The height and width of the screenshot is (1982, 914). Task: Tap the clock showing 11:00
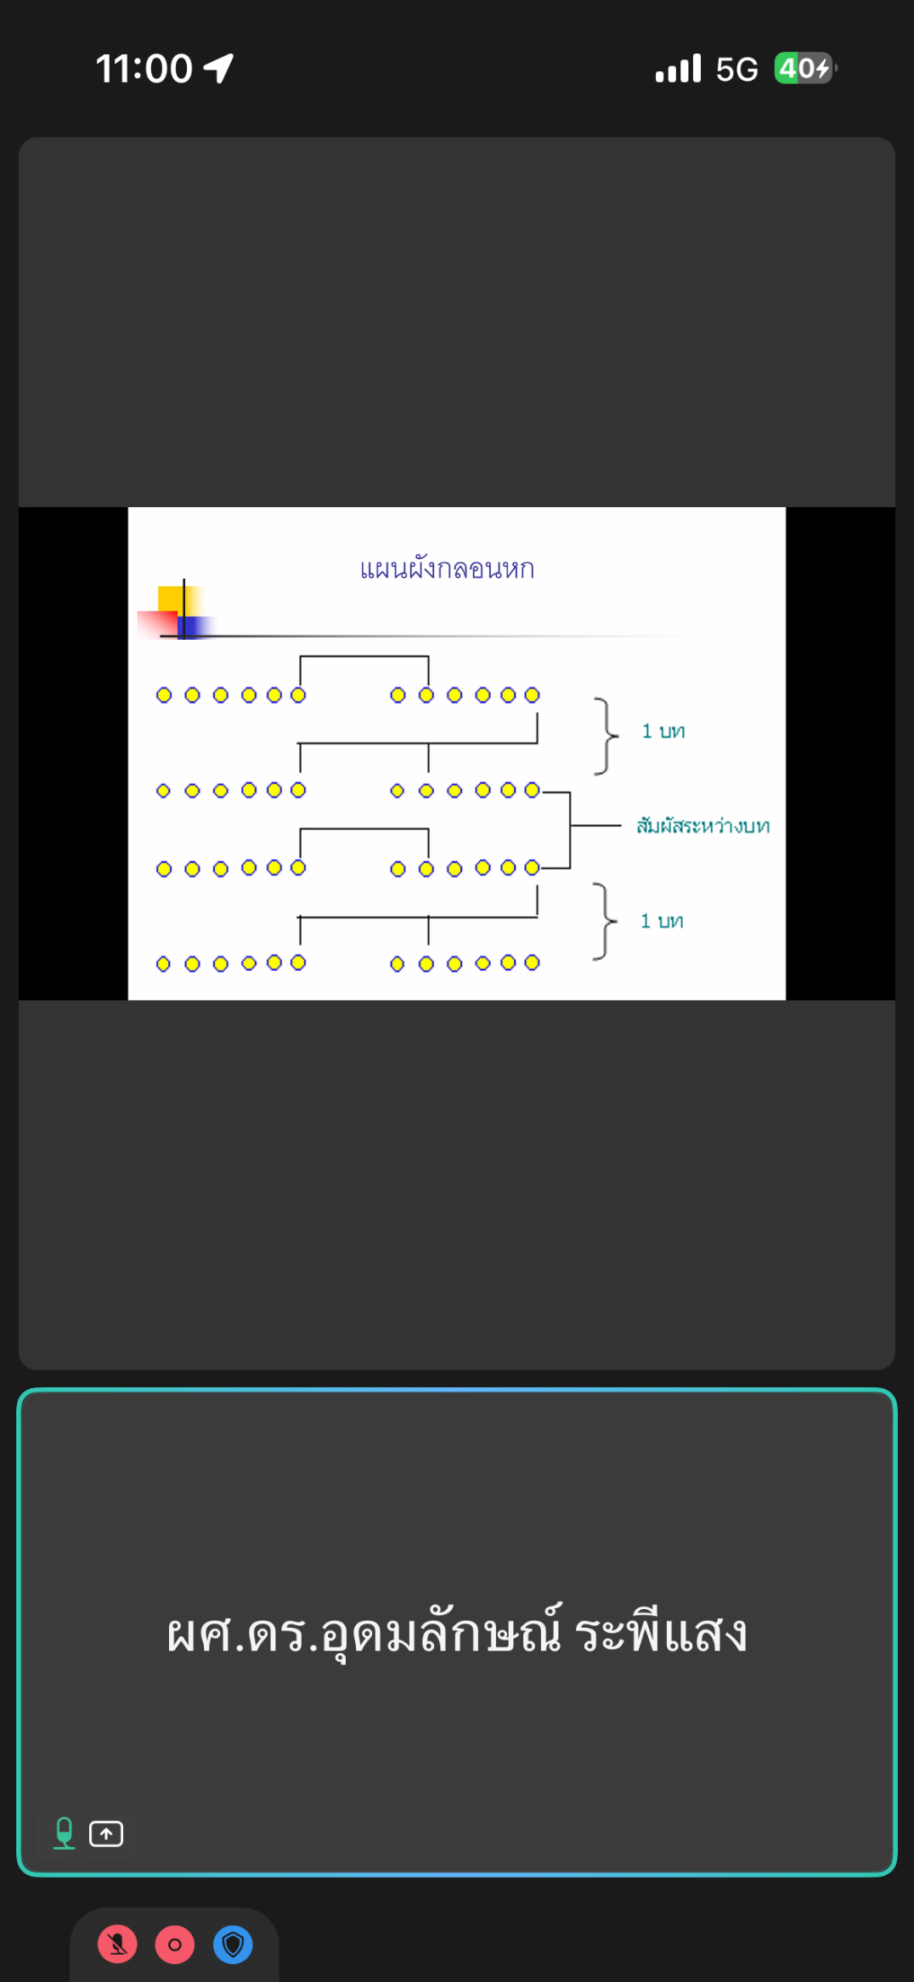tap(144, 69)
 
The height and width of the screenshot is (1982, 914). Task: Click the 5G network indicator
tap(736, 69)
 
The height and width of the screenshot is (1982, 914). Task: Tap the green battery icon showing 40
tap(804, 68)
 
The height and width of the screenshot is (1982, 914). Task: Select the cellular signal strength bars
tap(678, 68)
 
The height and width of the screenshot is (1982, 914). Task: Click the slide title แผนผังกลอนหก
tap(447, 568)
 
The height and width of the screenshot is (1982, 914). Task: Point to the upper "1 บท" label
tap(663, 731)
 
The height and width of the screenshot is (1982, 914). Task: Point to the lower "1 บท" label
tap(662, 921)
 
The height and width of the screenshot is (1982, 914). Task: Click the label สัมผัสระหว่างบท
tap(703, 826)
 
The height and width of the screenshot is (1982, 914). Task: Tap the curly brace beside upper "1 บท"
tap(607, 736)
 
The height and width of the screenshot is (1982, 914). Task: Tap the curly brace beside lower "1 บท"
tap(605, 921)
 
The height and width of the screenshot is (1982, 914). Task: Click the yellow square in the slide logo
tap(173, 600)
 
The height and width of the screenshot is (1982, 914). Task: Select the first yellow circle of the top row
tap(164, 696)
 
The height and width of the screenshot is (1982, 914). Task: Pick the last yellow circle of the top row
tap(532, 696)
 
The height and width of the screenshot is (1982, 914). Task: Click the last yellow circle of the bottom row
tap(532, 963)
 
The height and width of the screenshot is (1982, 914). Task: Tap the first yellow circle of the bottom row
tap(164, 963)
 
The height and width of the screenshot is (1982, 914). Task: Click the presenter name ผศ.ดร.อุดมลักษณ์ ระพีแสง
tap(457, 1633)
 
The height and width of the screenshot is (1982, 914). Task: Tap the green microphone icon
tap(65, 1833)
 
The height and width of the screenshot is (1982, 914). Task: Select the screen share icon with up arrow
tap(106, 1834)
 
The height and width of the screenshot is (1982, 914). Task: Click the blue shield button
tap(233, 1945)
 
